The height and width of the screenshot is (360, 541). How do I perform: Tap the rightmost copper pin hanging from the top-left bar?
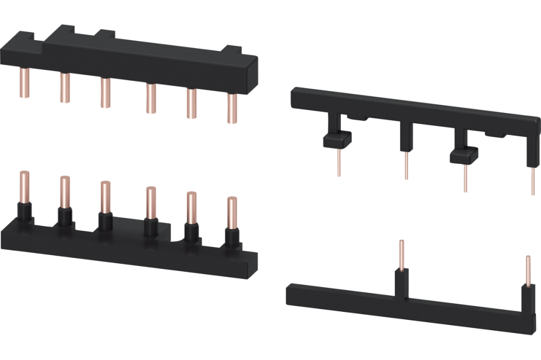(232, 108)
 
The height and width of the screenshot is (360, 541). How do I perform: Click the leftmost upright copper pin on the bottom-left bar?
(24, 186)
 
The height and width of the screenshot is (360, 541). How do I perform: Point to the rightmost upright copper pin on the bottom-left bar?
(232, 213)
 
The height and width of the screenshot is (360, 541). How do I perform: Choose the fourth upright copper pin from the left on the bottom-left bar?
(150, 203)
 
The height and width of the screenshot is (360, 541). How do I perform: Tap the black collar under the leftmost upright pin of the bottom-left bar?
(24, 212)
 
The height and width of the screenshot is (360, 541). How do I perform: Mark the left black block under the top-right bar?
(337, 140)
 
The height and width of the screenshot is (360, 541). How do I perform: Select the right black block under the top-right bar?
(464, 155)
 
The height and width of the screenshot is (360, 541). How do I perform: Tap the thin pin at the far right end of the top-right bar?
(533, 181)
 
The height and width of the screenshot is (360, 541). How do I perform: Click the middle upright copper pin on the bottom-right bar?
(401, 255)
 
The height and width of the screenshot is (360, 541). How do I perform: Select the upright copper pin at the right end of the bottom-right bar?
(529, 270)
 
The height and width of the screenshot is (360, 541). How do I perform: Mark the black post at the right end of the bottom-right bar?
(527, 297)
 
